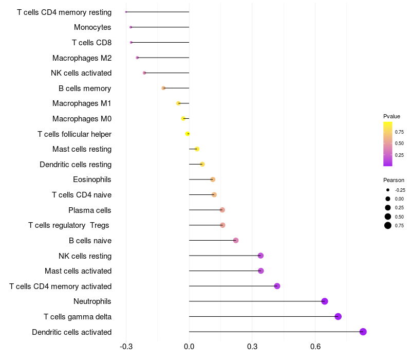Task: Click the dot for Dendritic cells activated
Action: (363, 332)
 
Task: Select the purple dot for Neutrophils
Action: (325, 301)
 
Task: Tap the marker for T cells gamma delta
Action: (338, 316)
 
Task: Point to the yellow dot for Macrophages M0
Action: (183, 119)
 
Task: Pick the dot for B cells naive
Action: (236, 241)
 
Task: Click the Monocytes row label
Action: (92, 27)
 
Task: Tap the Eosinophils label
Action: (92, 179)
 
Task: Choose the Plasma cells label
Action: (90, 210)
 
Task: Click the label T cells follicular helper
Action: (74, 134)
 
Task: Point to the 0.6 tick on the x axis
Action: (315, 347)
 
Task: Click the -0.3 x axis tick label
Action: (126, 347)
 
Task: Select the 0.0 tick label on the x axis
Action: (189, 347)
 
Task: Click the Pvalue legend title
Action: (391, 116)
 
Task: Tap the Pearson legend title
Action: (394, 180)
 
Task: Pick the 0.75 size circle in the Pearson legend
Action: (388, 225)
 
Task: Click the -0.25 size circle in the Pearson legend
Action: (388, 190)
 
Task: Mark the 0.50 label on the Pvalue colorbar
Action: (399, 143)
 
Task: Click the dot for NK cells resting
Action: (260, 256)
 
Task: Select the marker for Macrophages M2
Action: (137, 58)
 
